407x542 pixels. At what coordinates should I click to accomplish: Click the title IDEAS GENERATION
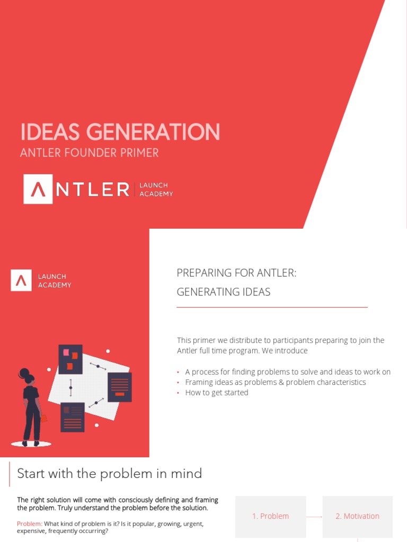120,132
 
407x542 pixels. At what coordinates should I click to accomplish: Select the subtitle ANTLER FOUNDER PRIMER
89,153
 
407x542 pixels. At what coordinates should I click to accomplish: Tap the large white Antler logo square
38,189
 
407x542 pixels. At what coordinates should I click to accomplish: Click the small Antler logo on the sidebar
21,281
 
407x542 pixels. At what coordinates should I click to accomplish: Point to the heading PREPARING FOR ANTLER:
236,273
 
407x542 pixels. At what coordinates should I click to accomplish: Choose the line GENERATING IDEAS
223,292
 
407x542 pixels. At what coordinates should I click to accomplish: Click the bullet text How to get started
216,393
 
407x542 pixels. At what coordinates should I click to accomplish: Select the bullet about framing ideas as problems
275,382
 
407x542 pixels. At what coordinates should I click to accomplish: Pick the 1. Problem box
270,516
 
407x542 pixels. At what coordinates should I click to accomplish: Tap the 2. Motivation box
357,516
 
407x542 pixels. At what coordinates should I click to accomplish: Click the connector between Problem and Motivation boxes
314,517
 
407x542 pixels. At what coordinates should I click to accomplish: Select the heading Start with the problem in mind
109,473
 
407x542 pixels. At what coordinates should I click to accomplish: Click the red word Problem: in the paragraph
30,524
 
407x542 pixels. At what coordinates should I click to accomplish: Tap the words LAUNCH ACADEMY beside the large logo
156,189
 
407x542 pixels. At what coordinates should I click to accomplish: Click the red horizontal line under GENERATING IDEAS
271,307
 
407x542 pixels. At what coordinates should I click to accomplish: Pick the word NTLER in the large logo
93,189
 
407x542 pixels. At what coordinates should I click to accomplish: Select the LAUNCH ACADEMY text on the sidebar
54,281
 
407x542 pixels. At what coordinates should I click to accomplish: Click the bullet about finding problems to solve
287,372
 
